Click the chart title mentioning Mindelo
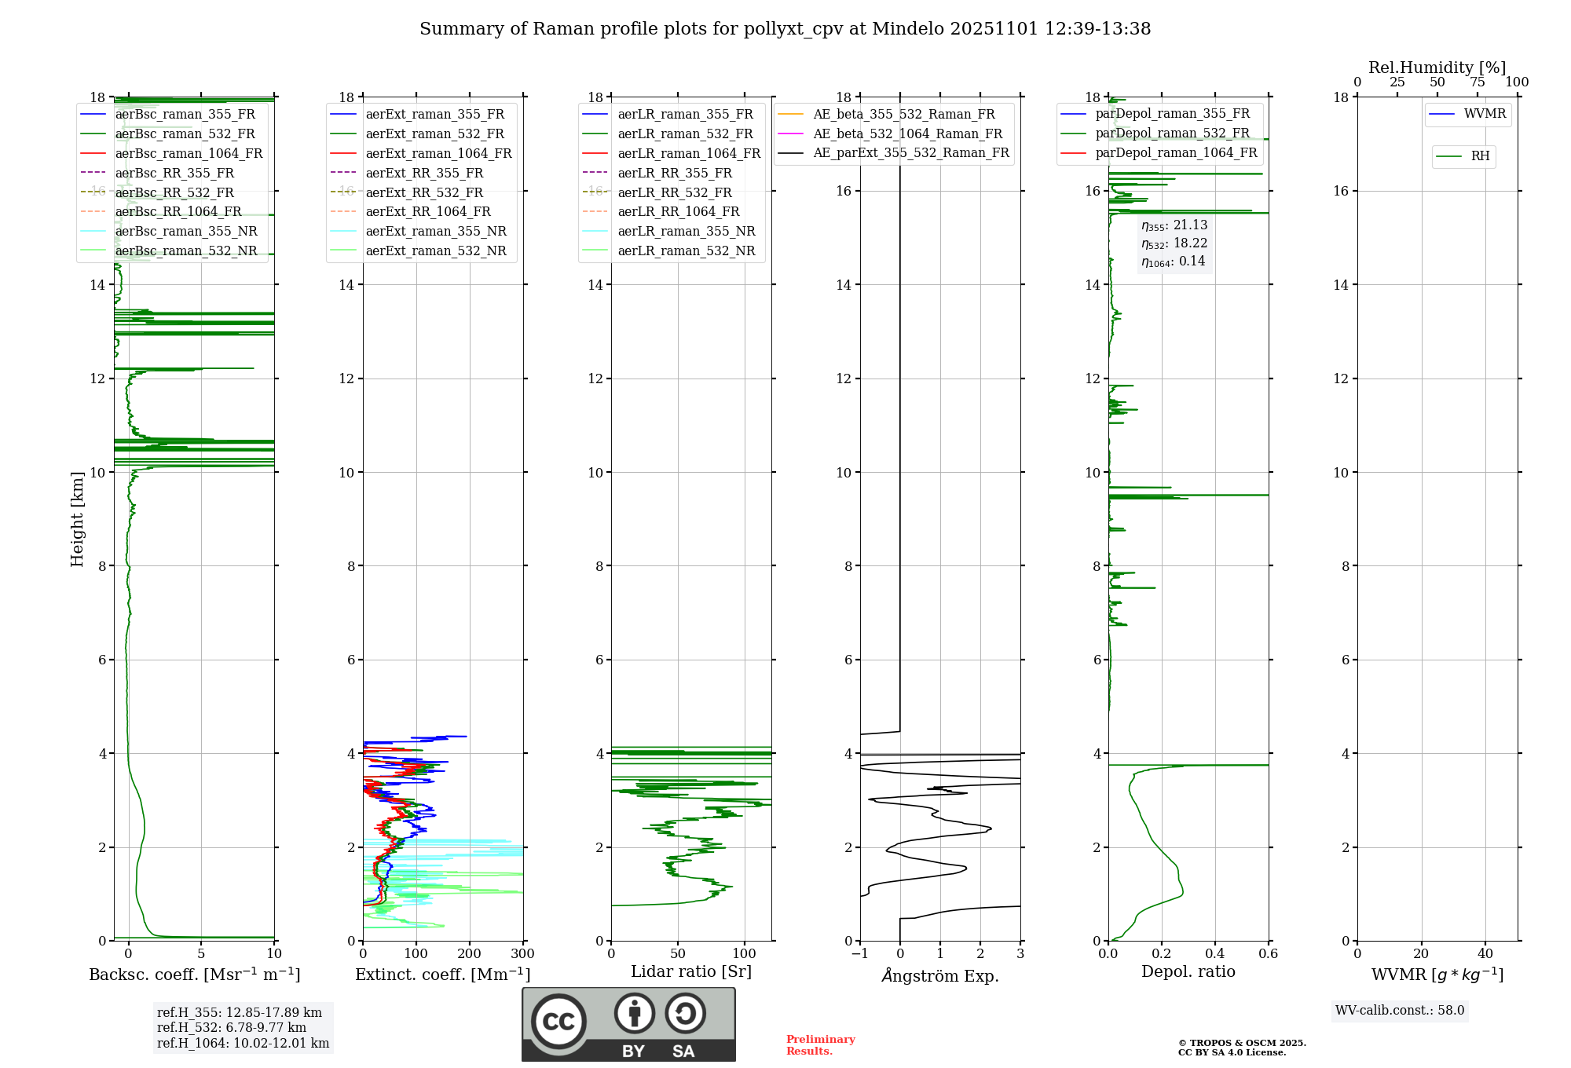(785, 29)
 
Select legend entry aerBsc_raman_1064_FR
(189, 153)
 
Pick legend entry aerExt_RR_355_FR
(424, 173)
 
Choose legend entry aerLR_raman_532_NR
(686, 251)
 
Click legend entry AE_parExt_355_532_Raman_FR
(910, 153)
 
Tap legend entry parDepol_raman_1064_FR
(1176, 153)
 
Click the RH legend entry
(1480, 156)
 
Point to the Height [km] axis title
(77, 518)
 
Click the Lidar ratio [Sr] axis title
(691, 971)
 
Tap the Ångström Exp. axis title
(940, 975)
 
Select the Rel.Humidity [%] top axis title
(1437, 68)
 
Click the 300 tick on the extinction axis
(523, 954)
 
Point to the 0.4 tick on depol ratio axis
(1215, 954)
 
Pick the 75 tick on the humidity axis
(1478, 82)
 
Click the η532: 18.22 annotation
(1174, 243)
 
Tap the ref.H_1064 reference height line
(243, 1044)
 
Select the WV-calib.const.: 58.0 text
(1400, 1011)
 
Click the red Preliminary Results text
(820, 1045)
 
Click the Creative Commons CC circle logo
(558, 1022)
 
